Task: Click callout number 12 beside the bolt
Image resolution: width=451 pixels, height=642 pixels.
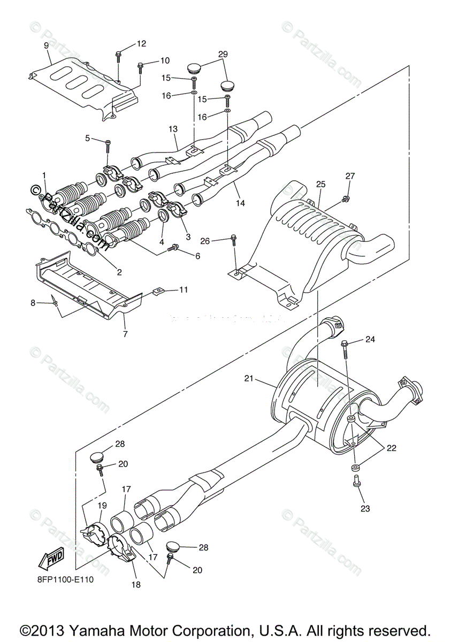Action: pyautogui.click(x=141, y=43)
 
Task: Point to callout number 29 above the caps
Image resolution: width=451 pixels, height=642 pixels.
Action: pyautogui.click(x=223, y=54)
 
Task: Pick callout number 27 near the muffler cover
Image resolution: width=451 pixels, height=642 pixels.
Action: pyautogui.click(x=350, y=176)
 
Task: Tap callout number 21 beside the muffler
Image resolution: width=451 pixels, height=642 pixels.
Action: pyautogui.click(x=248, y=379)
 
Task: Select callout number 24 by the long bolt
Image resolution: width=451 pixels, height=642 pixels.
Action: pyautogui.click(x=371, y=339)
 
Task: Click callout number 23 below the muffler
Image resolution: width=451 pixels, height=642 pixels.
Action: pyautogui.click(x=365, y=509)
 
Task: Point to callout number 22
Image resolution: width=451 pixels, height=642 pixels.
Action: pyautogui.click(x=392, y=448)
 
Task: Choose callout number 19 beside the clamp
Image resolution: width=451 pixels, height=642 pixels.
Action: pyautogui.click(x=102, y=505)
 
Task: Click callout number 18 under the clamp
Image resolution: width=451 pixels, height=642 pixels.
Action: pyautogui.click(x=136, y=585)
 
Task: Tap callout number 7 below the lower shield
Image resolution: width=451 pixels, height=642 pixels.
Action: pyautogui.click(x=126, y=334)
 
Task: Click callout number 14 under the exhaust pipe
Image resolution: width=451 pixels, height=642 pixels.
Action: pyautogui.click(x=240, y=203)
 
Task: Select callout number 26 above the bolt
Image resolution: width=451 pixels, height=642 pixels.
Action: pyautogui.click(x=204, y=241)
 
